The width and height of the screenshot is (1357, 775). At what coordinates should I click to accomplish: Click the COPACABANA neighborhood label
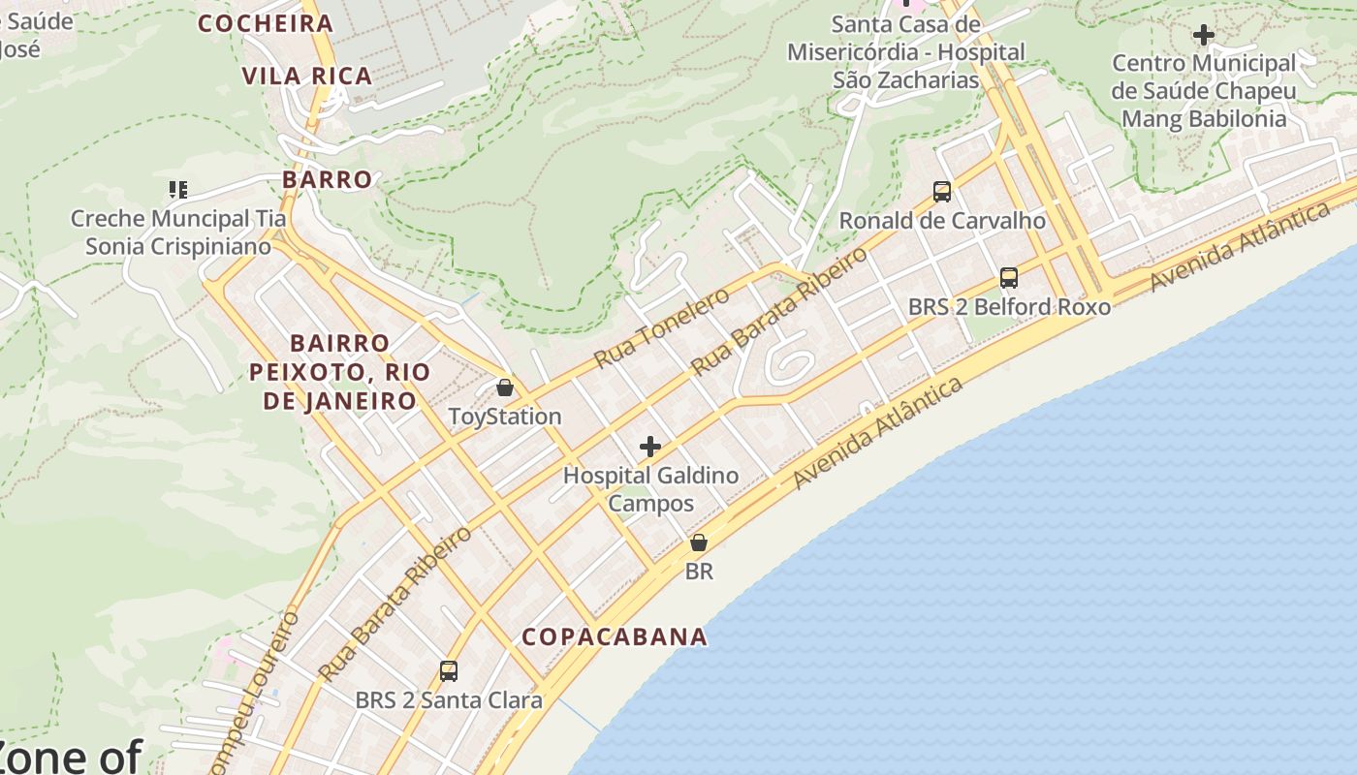(615, 636)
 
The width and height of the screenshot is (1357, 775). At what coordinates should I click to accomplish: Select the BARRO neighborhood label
(328, 179)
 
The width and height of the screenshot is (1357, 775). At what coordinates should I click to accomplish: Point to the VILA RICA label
(307, 77)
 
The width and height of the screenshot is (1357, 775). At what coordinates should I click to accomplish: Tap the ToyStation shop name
(504, 417)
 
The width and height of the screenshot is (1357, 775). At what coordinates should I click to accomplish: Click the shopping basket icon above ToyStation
(504, 388)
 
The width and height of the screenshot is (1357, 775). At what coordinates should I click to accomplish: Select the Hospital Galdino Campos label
(650, 489)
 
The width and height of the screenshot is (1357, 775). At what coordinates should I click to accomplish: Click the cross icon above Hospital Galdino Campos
(650, 447)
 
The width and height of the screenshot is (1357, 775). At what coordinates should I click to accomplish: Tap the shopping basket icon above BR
(698, 542)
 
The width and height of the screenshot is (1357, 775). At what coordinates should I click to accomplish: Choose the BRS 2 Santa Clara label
(449, 699)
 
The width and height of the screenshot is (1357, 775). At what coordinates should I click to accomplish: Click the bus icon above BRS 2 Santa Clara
(448, 670)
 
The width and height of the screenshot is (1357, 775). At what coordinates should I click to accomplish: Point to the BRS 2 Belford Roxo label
(1009, 307)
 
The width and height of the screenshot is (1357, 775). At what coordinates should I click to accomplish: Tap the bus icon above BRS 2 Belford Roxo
(1008, 278)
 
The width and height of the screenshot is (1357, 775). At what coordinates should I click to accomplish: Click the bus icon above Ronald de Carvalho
(941, 192)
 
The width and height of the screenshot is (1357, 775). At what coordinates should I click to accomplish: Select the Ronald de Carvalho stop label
(941, 221)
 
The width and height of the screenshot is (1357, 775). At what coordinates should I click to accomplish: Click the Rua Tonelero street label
(661, 327)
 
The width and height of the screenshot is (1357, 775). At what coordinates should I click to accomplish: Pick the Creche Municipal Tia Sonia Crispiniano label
(178, 232)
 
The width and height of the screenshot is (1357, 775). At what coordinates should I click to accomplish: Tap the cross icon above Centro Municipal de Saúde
(1203, 36)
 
